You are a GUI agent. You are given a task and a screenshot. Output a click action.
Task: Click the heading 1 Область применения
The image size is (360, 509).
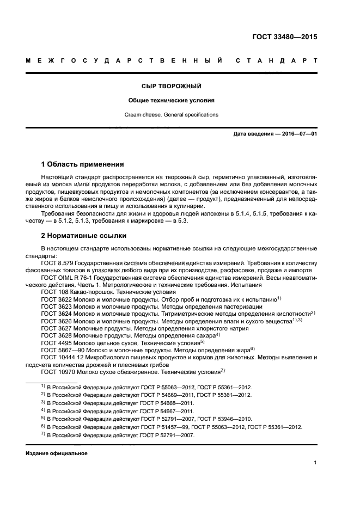(x=83, y=164)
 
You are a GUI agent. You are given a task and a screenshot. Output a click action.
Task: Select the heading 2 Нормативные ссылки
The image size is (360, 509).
(x=84, y=236)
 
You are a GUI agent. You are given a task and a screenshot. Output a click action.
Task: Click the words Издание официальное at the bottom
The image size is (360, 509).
(x=56, y=453)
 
